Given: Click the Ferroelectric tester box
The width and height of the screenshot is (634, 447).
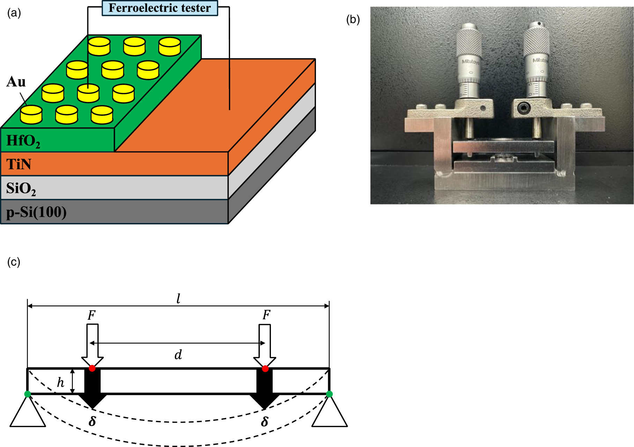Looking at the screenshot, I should pyautogui.click(x=160, y=8).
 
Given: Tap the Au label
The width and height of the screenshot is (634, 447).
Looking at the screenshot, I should pyautogui.click(x=16, y=82).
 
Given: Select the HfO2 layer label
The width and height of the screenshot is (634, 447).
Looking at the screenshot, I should pyautogui.click(x=23, y=141).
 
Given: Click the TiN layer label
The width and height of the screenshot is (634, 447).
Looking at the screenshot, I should pyautogui.click(x=19, y=164).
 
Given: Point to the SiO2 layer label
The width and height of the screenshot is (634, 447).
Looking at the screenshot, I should pyautogui.click(x=21, y=188).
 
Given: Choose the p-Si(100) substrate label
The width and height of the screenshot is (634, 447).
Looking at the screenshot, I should pyautogui.click(x=36, y=212).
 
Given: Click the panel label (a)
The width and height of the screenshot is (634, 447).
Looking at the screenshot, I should pyautogui.click(x=14, y=13).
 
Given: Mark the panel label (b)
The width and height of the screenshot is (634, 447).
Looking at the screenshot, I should pyautogui.click(x=353, y=20).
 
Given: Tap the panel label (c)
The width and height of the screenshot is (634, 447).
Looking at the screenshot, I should pyautogui.click(x=14, y=262).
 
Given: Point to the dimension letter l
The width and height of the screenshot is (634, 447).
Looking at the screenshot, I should pyautogui.click(x=178, y=298).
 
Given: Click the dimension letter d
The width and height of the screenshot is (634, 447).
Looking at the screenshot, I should pyautogui.click(x=178, y=355).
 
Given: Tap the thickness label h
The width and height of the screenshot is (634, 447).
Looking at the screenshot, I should pyautogui.click(x=61, y=383).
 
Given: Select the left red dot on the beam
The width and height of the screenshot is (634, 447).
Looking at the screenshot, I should pyautogui.click(x=92, y=368).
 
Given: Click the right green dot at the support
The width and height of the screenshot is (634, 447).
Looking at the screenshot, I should pyautogui.click(x=329, y=394).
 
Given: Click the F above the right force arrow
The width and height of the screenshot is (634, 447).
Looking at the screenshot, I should pyautogui.click(x=266, y=315).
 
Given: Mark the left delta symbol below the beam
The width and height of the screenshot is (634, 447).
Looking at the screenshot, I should pyautogui.click(x=92, y=422).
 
